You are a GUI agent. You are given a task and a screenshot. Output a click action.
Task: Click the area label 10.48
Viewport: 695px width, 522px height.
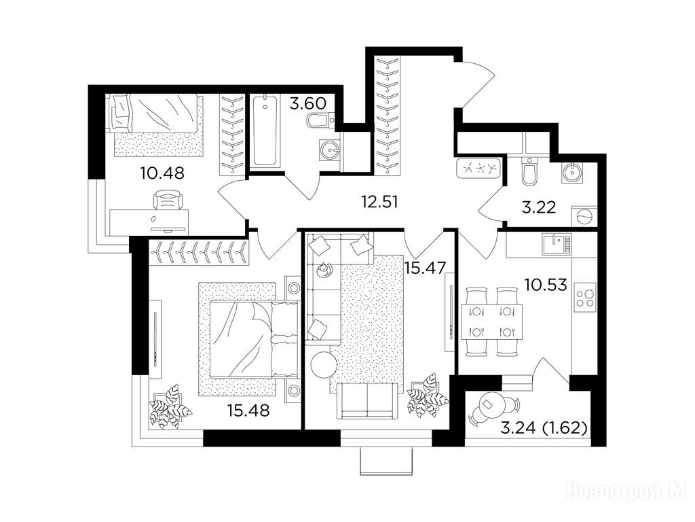162,173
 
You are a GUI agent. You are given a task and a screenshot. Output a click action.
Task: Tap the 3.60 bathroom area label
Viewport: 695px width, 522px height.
308,103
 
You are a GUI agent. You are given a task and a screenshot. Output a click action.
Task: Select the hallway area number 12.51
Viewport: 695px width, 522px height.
379,202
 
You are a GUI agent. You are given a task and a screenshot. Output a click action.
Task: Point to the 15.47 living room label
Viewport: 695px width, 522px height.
425,268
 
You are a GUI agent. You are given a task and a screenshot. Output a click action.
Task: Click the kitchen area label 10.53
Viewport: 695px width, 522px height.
546,285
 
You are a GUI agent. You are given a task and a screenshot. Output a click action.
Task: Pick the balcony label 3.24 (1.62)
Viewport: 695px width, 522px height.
544,428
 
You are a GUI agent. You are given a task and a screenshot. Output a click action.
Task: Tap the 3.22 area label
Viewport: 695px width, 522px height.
538,207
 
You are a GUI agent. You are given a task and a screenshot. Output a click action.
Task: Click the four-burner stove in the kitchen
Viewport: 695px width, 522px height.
584,298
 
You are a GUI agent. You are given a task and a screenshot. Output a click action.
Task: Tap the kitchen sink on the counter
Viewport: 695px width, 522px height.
557,245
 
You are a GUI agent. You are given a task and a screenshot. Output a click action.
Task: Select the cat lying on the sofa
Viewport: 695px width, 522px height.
324,269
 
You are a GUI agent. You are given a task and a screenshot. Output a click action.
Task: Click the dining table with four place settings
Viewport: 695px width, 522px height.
491,321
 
